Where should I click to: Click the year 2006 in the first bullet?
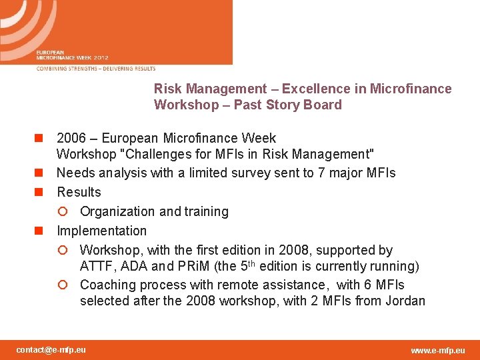71,139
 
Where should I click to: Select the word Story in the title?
285,105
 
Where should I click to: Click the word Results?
79,193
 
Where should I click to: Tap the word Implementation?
101,231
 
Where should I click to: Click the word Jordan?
405,301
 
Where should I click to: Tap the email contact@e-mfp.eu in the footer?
51,350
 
